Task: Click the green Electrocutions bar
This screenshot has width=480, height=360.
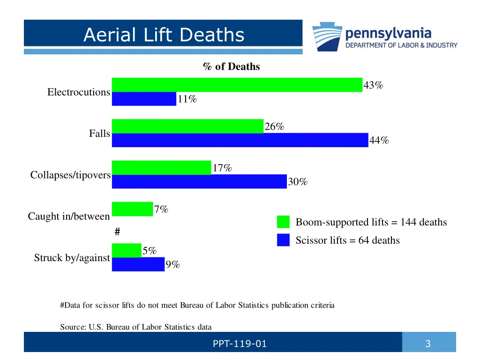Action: click(x=237, y=85)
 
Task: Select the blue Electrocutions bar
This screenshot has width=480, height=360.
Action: click(x=144, y=99)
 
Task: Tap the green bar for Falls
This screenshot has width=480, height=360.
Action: click(x=187, y=126)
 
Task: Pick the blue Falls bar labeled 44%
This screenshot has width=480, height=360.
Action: click(x=240, y=140)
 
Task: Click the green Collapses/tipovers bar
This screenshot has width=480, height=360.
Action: click(x=161, y=167)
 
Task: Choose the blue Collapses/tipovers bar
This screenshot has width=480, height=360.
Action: click(x=199, y=181)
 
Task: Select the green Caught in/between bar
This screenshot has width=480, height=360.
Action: click(x=132, y=209)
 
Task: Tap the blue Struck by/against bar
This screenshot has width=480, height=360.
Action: click(x=138, y=264)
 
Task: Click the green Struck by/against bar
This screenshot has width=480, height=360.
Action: click(x=126, y=250)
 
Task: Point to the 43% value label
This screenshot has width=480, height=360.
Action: click(x=373, y=85)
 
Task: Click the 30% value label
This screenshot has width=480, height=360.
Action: click(x=298, y=182)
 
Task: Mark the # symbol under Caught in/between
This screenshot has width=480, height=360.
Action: click(x=118, y=232)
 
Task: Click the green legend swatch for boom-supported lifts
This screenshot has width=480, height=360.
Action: click(x=284, y=222)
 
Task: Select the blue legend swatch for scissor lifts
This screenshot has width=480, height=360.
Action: click(x=284, y=240)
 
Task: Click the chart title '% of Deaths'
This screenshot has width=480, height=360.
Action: click(x=232, y=67)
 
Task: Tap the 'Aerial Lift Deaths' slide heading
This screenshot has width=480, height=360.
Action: click(x=164, y=35)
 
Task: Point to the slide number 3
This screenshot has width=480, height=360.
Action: click(x=427, y=344)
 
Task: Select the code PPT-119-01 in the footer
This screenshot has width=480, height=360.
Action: click(x=240, y=344)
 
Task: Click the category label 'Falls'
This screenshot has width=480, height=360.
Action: click(x=99, y=134)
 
